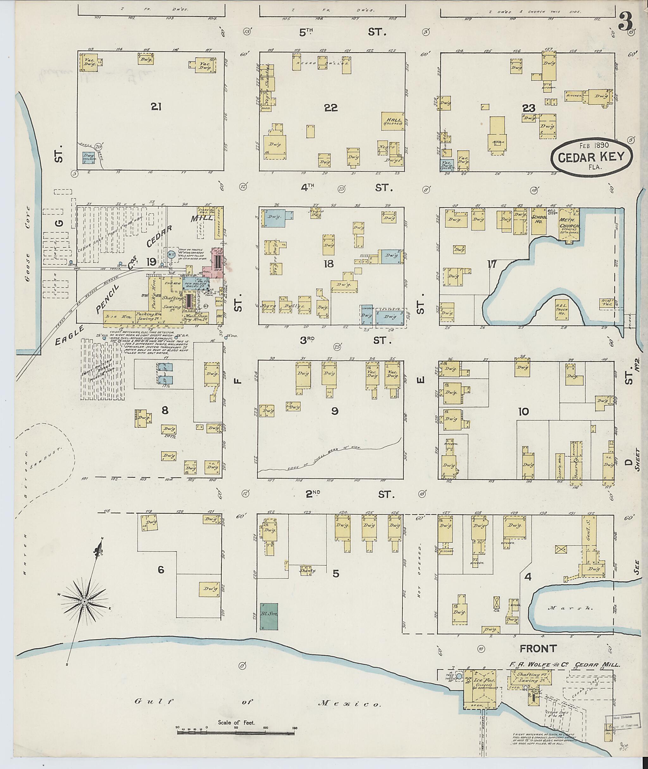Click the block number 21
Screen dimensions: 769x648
[156, 107]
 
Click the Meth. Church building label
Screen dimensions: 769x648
[569, 223]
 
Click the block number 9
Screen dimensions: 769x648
[334, 411]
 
